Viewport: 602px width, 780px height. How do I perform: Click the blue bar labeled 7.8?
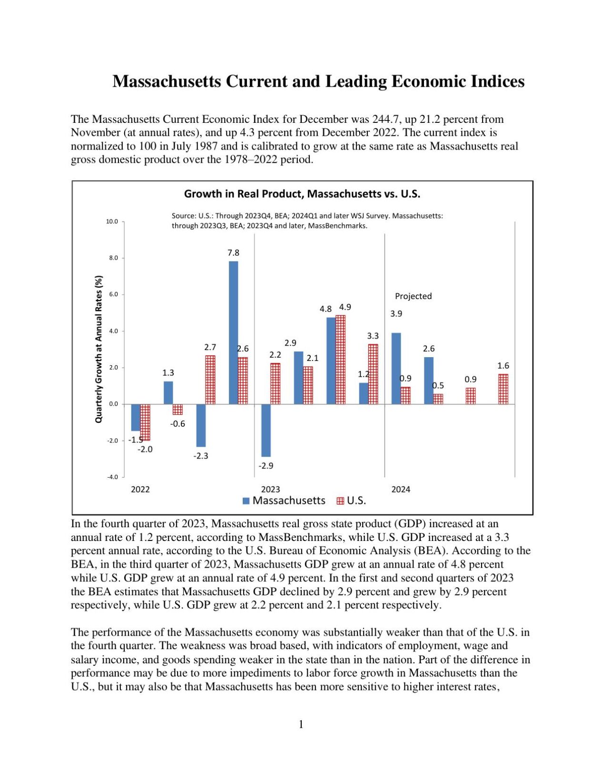[x=233, y=332]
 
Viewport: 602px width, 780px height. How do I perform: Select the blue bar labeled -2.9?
[x=266, y=430]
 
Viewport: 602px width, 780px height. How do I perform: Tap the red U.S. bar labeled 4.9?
[x=340, y=360]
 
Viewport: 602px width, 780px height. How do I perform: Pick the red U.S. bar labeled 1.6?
[x=503, y=389]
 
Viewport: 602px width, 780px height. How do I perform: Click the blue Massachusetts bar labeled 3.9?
[x=395, y=368]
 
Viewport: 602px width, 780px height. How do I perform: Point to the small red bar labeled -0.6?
[x=178, y=410]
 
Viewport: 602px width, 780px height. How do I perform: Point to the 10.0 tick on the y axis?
[x=112, y=221]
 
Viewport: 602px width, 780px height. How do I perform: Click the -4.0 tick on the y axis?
[x=112, y=477]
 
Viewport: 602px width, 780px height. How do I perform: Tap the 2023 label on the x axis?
[x=270, y=489]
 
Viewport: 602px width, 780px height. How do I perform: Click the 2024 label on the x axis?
[x=401, y=489]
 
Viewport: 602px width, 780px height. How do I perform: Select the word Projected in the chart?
[x=413, y=296]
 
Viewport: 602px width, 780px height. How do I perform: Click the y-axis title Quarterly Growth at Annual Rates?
[x=99, y=349]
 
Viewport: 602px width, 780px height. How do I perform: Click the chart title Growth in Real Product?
[x=302, y=194]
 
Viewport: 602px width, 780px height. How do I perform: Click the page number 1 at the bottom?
[x=301, y=724]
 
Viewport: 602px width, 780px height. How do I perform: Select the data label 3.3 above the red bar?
[x=373, y=336]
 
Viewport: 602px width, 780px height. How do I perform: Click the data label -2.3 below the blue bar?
[x=200, y=456]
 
